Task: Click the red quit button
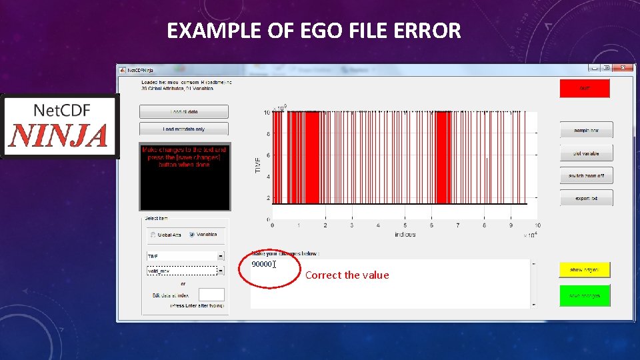585,88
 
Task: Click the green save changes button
585,295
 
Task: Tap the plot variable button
585,153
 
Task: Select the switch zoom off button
585,176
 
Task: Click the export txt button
585,199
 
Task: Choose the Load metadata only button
184,129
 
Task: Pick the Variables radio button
192,235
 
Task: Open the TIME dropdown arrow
221,255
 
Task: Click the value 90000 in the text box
262,264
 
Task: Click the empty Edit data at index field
211,295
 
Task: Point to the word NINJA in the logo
59,135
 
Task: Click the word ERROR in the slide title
432,31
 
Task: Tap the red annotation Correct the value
347,275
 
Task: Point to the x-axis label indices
405,234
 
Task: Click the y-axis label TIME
259,166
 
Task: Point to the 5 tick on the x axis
405,225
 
